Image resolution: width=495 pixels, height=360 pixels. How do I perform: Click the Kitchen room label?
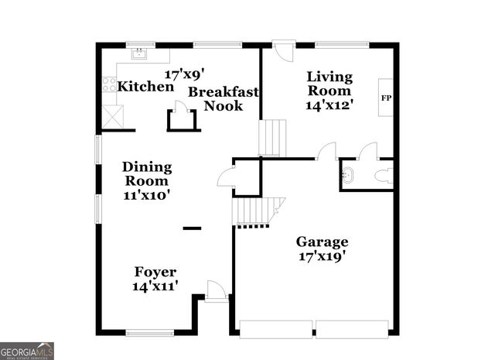tap(145, 87)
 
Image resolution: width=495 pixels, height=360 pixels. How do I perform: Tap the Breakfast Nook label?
tap(224, 98)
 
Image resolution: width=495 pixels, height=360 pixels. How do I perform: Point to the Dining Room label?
tap(147, 173)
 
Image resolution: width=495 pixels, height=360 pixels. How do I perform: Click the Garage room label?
tap(323, 242)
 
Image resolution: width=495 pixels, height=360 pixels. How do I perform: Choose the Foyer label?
tap(155, 272)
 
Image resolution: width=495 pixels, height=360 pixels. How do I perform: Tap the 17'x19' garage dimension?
tap(323, 256)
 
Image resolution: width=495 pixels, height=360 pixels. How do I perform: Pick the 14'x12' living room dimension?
tap(329, 105)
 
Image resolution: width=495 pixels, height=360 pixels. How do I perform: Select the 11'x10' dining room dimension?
tap(147, 195)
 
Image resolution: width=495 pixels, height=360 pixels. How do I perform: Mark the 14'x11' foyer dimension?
tap(155, 286)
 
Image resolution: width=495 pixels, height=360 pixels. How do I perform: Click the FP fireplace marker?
tap(385, 98)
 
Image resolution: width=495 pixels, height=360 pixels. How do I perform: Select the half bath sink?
tap(348, 175)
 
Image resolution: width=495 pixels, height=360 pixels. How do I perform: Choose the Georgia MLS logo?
tap(27, 351)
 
